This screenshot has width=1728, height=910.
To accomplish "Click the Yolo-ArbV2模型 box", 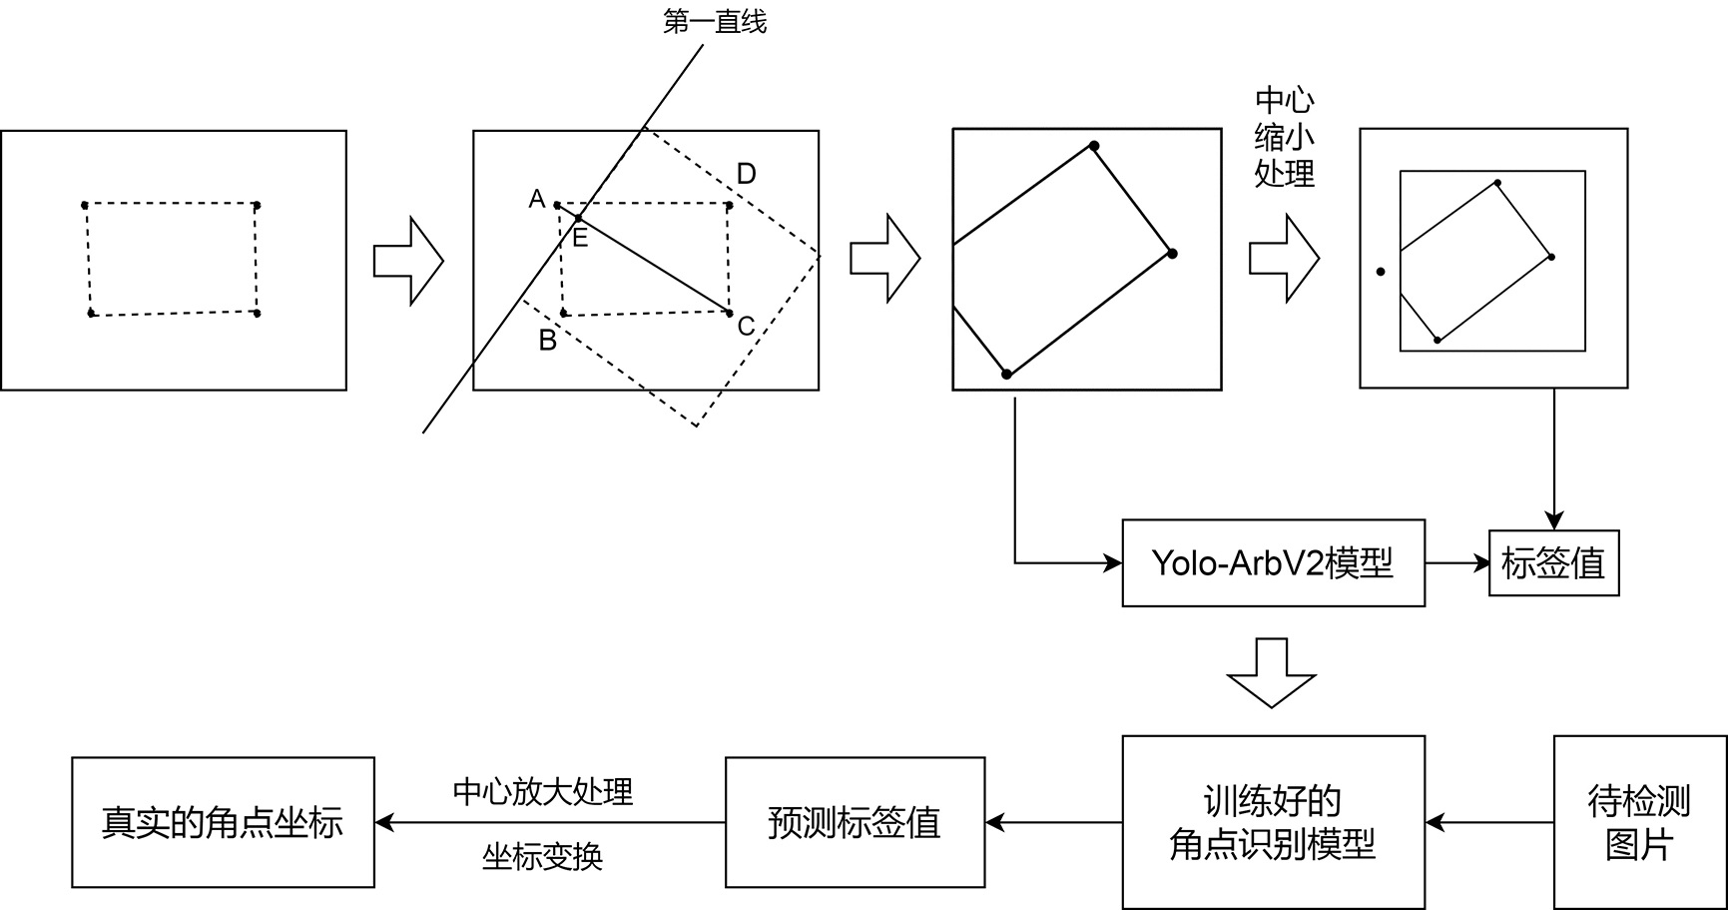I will tap(1273, 563).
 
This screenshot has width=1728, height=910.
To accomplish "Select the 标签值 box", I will tap(1553, 564).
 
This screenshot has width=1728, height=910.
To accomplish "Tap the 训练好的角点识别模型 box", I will tap(1273, 822).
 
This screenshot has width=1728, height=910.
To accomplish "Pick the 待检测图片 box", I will tap(1639, 822).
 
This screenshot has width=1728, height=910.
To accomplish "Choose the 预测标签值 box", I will tap(855, 822).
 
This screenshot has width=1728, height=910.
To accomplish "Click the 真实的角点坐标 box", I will tap(223, 822).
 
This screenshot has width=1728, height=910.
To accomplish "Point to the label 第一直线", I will tap(715, 22).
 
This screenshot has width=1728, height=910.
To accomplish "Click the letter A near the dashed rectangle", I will tap(537, 200).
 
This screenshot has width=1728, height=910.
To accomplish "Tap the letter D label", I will tap(746, 175).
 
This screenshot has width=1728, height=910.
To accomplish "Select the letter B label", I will tap(547, 341).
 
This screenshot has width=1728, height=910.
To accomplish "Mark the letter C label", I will tap(746, 327).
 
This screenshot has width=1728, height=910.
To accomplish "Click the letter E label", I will tap(580, 238).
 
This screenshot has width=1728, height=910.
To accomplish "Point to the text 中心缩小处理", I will tap(1284, 137).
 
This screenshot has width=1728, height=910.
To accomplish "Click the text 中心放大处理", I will tap(543, 792).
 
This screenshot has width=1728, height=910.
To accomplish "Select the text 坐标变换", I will tap(543, 857).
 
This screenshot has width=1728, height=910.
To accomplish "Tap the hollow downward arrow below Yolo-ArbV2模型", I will tap(1271, 672).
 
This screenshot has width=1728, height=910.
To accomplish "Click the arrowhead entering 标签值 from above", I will tap(1553, 519).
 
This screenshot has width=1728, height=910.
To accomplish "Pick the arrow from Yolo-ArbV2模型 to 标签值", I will tap(1456, 563).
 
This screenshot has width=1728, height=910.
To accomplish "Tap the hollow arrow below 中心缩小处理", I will tap(1284, 259).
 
